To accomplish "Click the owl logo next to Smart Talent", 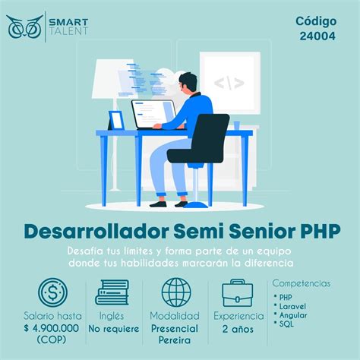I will coord(24,27).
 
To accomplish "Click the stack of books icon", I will coord(112,292).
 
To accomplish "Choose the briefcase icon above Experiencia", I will coord(238,292).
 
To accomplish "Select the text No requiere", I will coord(113,329).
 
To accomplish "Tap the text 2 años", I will coord(238,329).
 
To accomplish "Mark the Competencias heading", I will coord(302,283).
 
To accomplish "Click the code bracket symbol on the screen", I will coord(229,82).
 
